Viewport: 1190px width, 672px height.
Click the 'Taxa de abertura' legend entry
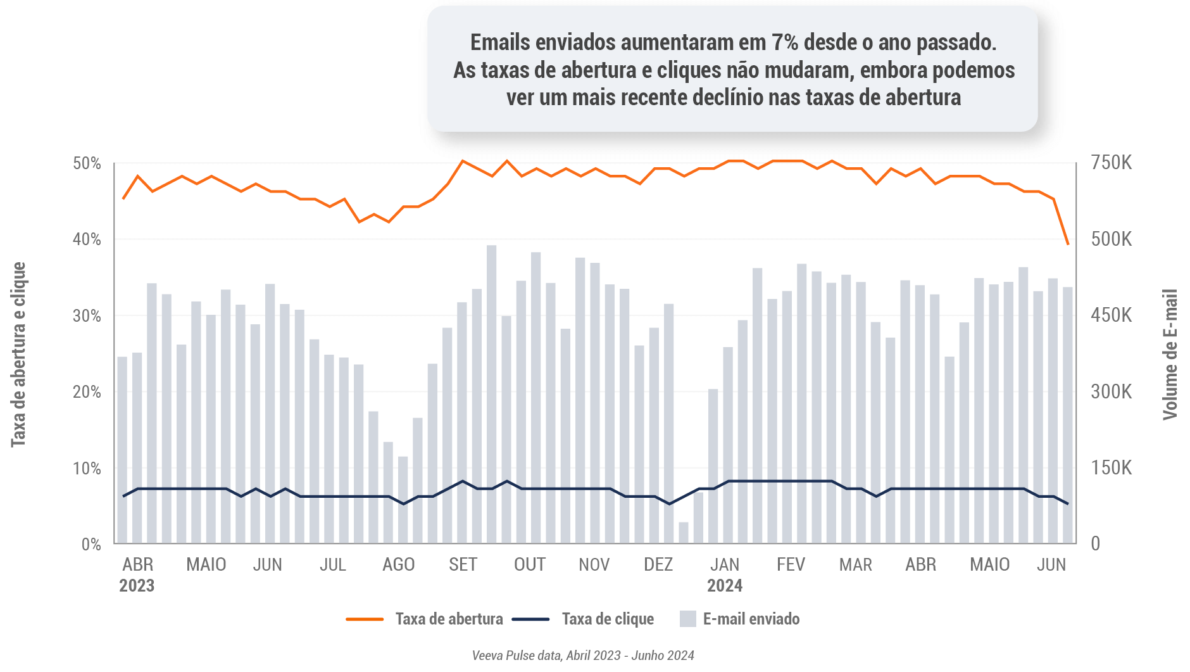click(x=448, y=619)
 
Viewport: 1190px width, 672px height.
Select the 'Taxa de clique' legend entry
click(x=607, y=619)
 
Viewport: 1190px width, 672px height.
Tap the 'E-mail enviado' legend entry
click(x=751, y=619)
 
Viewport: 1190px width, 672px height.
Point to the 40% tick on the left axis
click(x=87, y=239)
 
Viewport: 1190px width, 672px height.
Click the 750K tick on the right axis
click(x=1111, y=163)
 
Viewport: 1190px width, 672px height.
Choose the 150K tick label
click(x=1111, y=468)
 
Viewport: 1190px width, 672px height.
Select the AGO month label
click(x=398, y=564)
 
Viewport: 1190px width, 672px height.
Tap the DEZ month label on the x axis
click(x=658, y=564)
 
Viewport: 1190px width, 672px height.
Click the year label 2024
click(x=725, y=585)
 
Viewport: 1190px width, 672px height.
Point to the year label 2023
click(x=137, y=585)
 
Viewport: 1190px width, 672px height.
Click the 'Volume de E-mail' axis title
click(x=1170, y=355)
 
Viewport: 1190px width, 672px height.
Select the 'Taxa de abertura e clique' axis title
click(x=18, y=355)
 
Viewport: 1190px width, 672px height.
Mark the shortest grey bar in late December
click(x=684, y=533)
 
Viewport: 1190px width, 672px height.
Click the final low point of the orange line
click(x=1068, y=244)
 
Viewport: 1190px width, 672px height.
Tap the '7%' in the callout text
click(x=785, y=42)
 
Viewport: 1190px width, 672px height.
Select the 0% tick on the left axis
click(x=91, y=544)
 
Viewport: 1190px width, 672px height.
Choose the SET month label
click(x=463, y=564)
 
